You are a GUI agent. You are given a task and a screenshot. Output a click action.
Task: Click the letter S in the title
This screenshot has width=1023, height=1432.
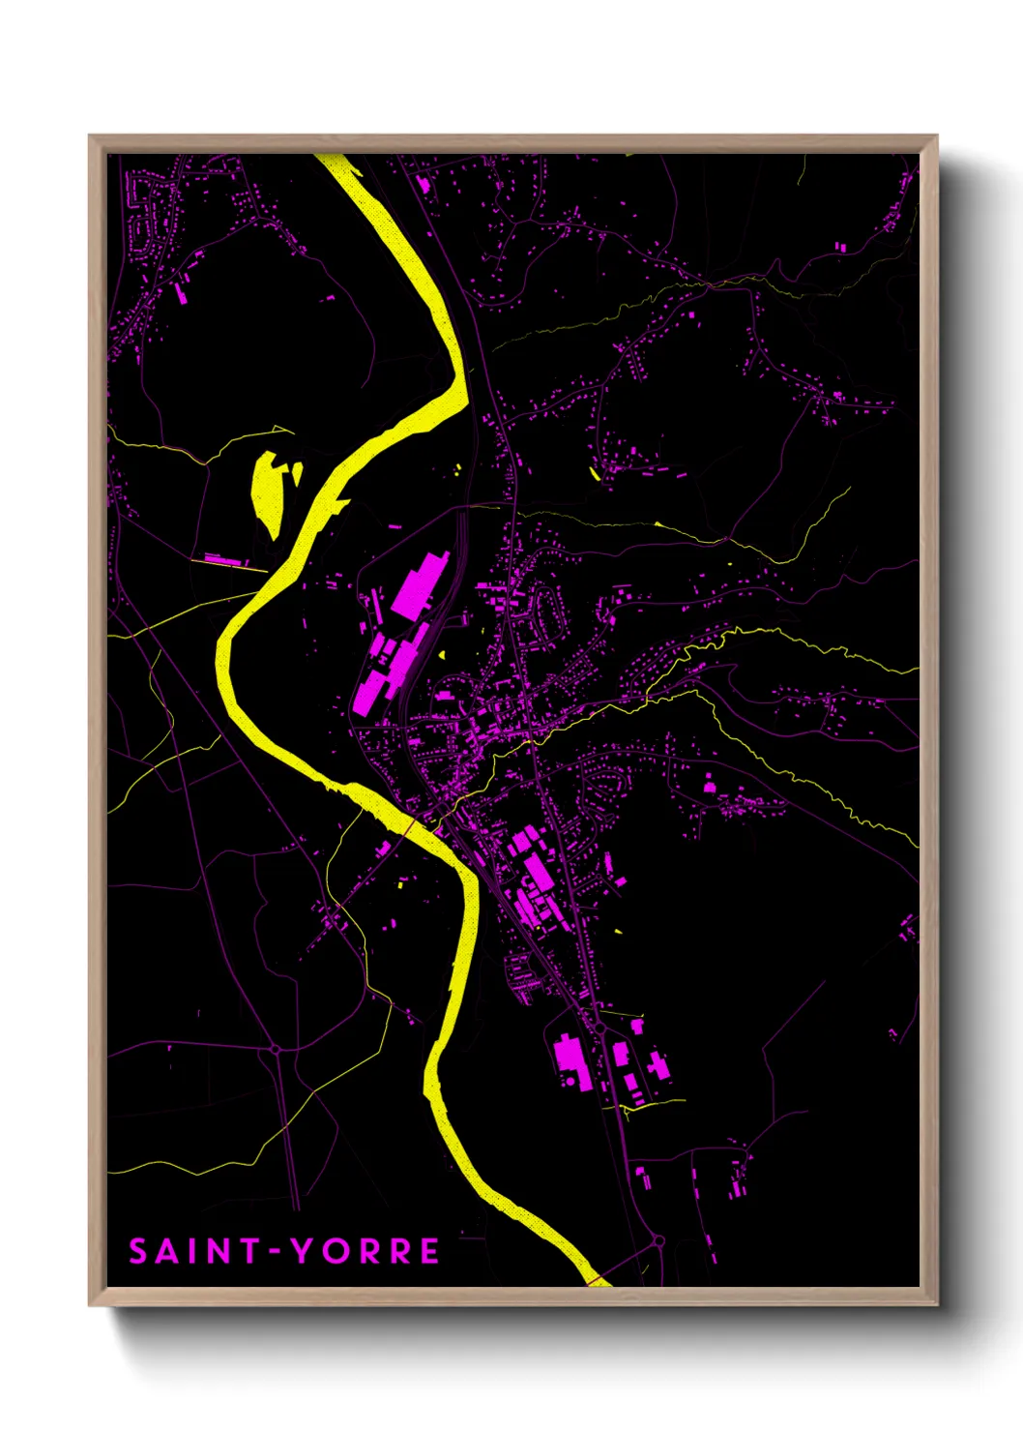tap(139, 1251)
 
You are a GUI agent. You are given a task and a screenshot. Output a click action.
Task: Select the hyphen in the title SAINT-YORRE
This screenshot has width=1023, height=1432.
tap(276, 1252)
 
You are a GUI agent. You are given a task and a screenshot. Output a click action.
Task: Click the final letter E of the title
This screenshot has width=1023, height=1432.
tap(429, 1251)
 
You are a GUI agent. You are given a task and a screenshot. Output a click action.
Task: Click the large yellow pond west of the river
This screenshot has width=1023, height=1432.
tap(266, 489)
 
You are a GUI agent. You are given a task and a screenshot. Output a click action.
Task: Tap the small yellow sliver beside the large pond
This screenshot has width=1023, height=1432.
tap(297, 473)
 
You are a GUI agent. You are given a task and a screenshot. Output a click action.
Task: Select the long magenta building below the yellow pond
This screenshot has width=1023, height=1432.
tap(222, 560)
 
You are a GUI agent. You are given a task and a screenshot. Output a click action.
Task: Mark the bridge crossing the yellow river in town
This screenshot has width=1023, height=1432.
tap(414, 824)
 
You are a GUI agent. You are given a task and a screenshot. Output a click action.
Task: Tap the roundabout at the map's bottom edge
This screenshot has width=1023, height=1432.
tap(658, 1240)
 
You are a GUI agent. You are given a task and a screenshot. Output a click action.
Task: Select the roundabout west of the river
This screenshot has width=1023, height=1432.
tap(276, 1049)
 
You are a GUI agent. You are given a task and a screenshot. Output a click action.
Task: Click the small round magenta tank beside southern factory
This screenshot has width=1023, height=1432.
tap(636, 1026)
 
